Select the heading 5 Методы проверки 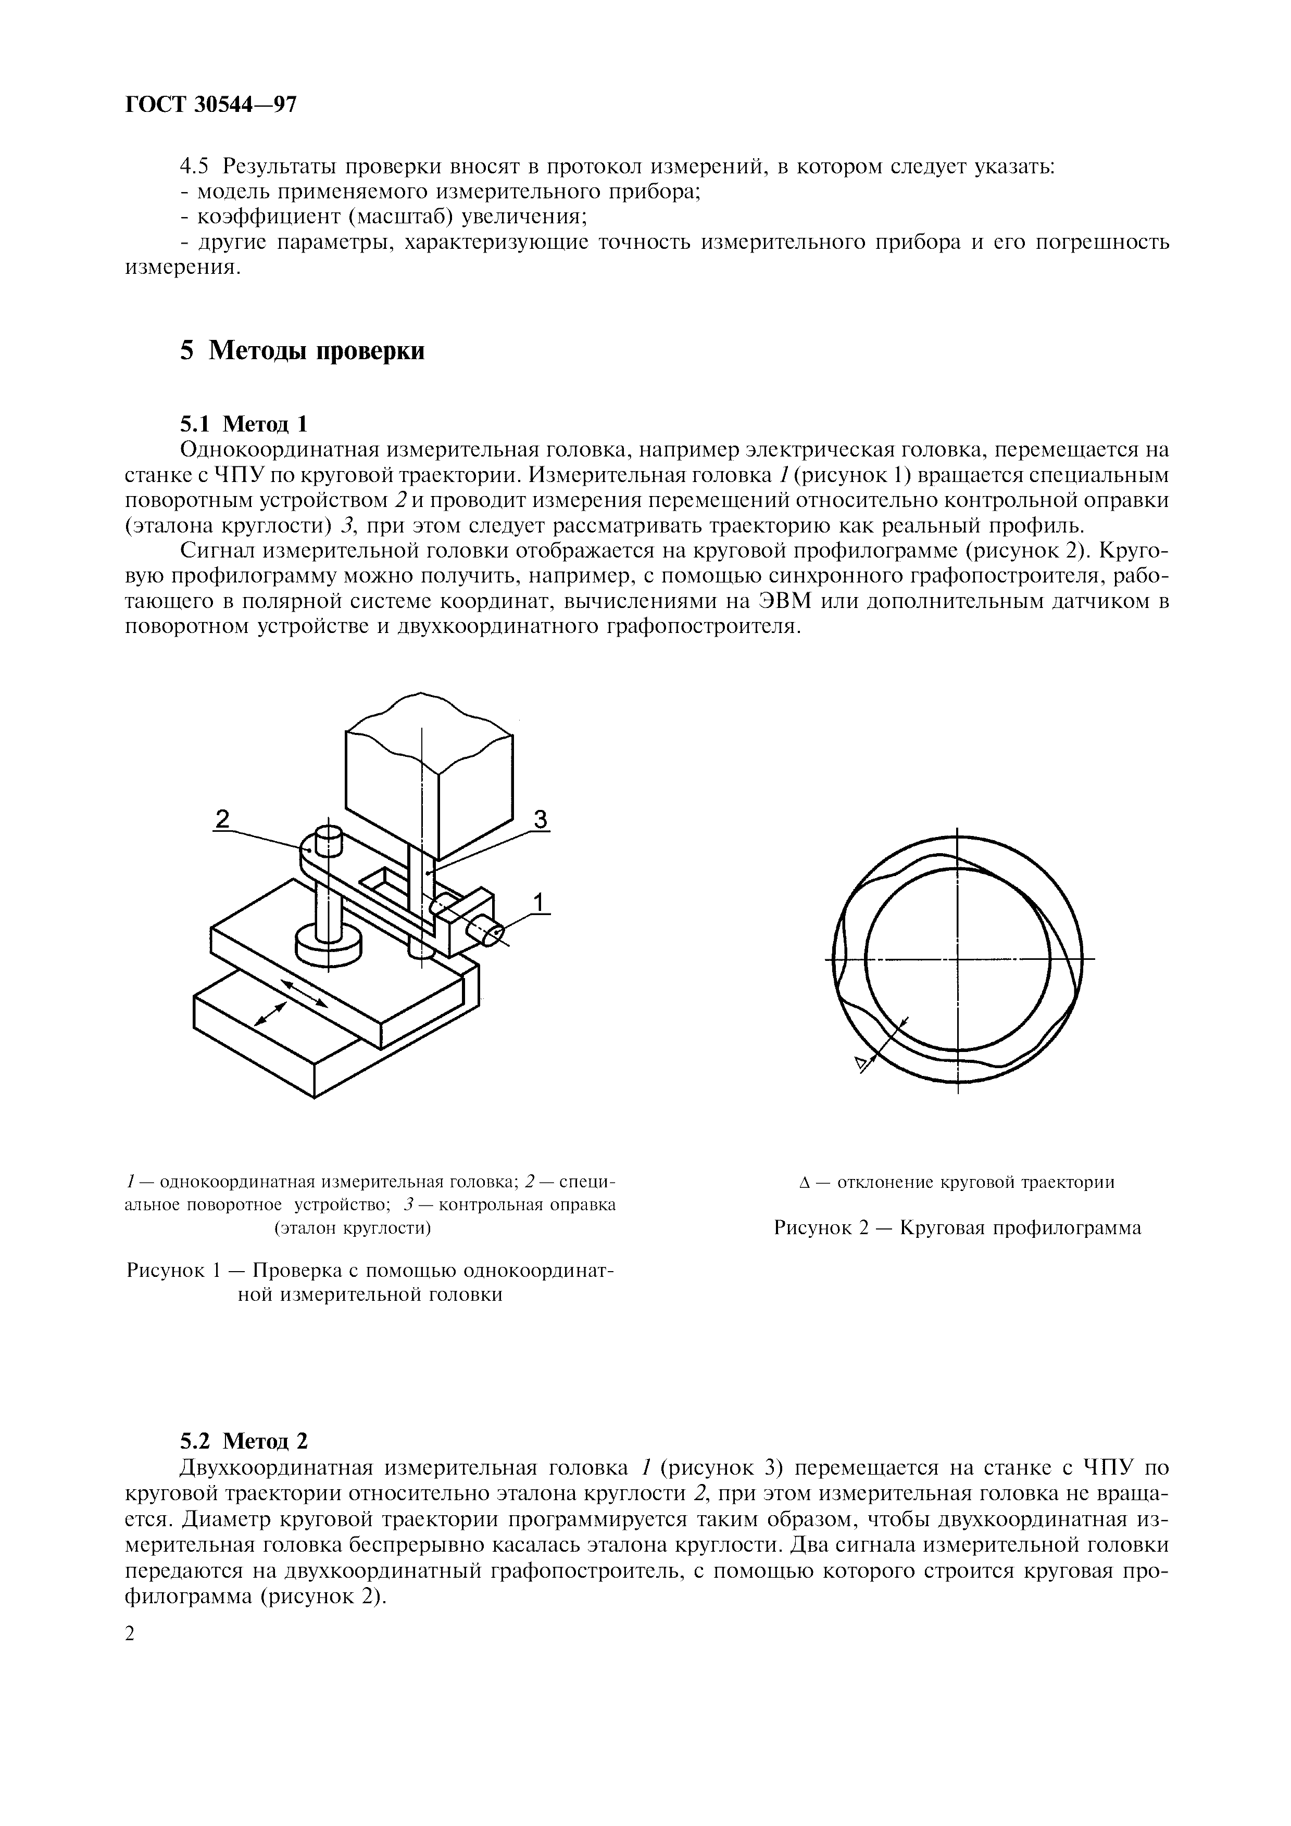(x=302, y=351)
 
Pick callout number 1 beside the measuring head (x=540, y=902)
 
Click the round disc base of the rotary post (x=328, y=946)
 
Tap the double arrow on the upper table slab (x=305, y=993)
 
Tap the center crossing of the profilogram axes (x=958, y=960)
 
